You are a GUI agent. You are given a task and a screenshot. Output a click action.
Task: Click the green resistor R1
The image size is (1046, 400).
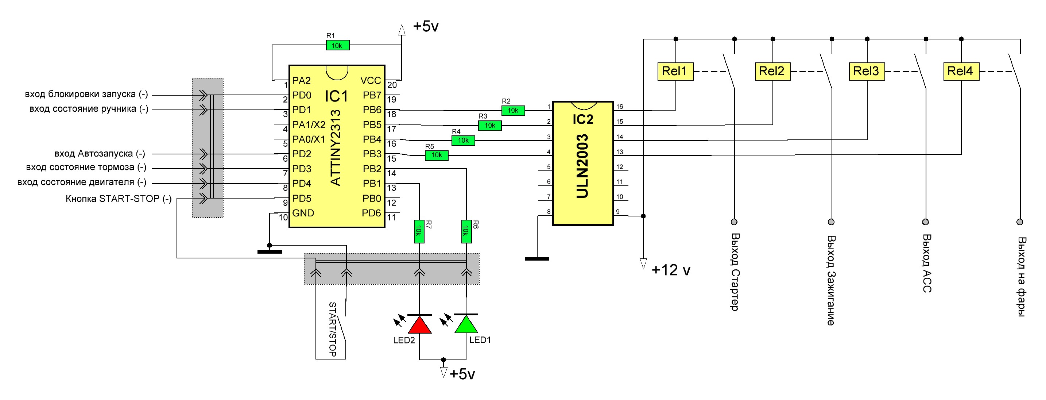[337, 46]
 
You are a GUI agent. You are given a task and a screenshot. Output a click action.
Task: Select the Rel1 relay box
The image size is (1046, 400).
[675, 71]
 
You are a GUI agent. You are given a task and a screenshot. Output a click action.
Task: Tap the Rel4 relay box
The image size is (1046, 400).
[961, 71]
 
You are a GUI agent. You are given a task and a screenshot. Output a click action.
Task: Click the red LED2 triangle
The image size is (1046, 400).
[419, 324]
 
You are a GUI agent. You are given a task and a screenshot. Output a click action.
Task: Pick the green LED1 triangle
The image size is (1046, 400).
[466, 324]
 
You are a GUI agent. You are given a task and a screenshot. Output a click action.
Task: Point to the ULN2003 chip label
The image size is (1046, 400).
[582, 166]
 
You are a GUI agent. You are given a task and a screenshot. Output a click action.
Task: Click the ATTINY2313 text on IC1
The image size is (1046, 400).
[336, 147]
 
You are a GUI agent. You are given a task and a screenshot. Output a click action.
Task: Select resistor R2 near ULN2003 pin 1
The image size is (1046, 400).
[513, 111]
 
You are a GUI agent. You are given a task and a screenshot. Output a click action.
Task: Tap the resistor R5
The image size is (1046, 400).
[437, 155]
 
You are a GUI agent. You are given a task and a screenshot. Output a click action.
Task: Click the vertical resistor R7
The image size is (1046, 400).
[419, 231]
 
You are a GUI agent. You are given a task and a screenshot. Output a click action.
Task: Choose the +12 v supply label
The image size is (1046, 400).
[671, 270]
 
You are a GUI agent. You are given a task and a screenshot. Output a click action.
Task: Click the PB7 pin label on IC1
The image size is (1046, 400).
[372, 95]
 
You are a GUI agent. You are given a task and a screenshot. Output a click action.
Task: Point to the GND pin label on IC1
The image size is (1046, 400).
[303, 213]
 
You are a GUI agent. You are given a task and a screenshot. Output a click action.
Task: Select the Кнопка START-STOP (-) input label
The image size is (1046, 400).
[119, 199]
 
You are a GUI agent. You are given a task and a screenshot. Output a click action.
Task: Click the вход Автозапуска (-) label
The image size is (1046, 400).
[100, 154]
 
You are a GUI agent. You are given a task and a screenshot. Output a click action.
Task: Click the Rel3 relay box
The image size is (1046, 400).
[867, 71]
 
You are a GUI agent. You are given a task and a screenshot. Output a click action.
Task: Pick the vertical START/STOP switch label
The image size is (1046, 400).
[333, 329]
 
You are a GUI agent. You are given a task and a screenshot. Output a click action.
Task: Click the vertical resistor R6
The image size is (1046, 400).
[466, 231]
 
